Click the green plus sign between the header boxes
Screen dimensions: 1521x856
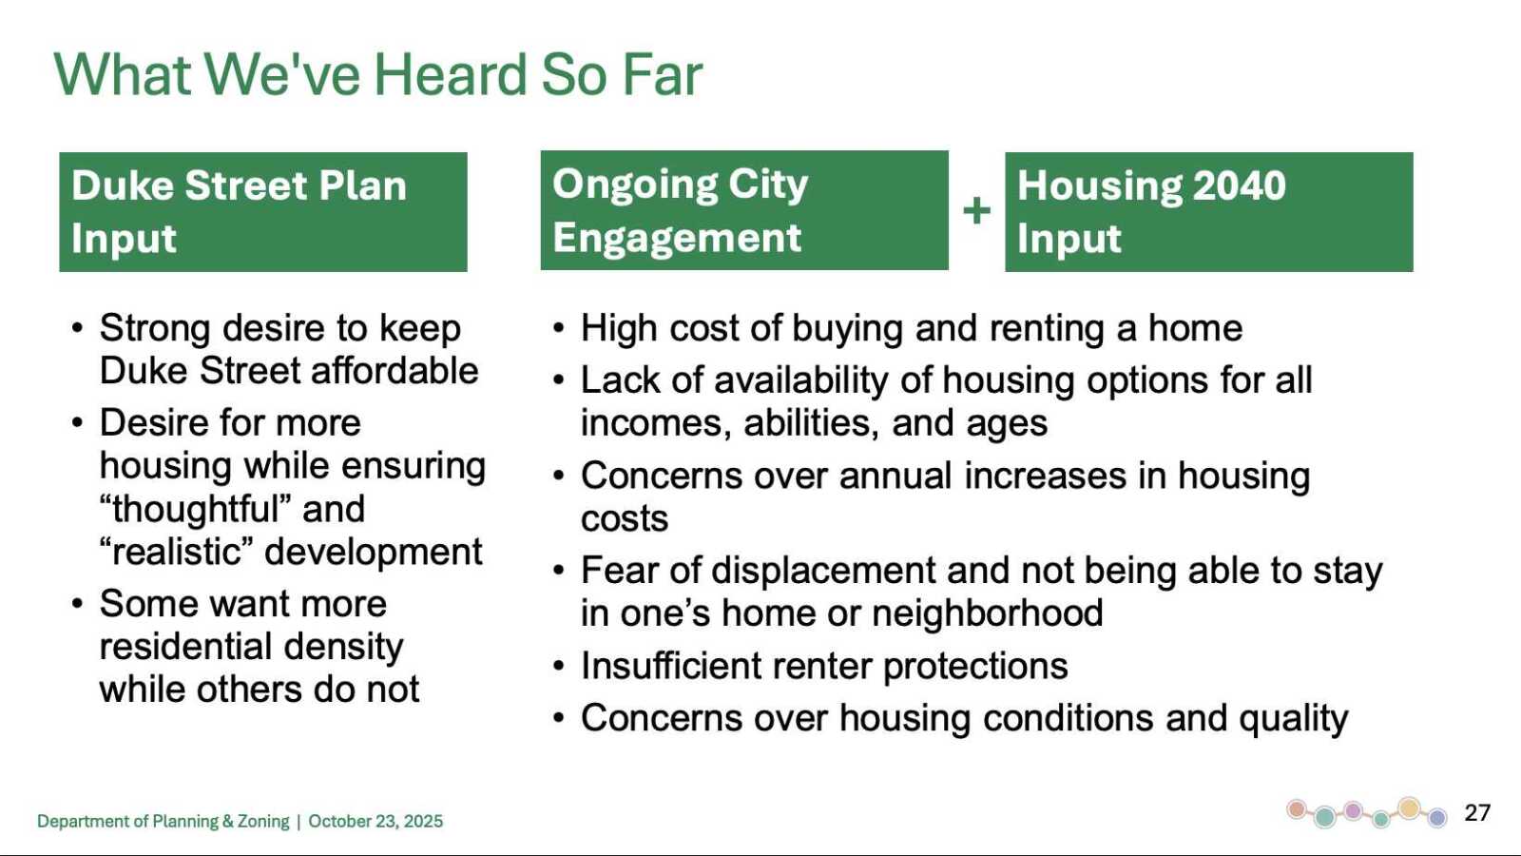point(976,210)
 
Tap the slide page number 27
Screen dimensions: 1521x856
point(1477,813)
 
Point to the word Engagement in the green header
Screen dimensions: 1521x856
point(677,238)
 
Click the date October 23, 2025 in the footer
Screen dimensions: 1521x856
point(375,822)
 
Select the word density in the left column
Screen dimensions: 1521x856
point(343,647)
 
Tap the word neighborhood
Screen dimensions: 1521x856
point(988,613)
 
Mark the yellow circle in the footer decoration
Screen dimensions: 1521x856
point(1410,807)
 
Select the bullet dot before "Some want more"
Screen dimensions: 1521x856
point(77,604)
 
